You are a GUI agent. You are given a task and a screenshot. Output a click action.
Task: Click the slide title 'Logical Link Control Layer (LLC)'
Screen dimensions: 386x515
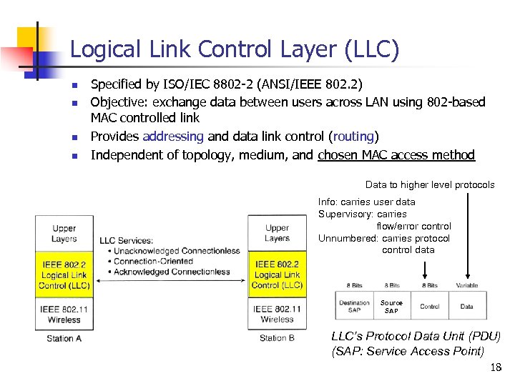click(235, 49)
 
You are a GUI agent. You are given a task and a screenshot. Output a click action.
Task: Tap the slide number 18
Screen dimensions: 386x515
click(496, 367)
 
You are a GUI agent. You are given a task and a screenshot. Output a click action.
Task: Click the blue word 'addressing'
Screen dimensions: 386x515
click(173, 136)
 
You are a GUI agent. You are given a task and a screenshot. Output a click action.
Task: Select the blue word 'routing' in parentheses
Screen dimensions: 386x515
click(353, 136)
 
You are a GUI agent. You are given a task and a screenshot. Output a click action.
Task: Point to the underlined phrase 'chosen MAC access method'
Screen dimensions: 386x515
click(396, 154)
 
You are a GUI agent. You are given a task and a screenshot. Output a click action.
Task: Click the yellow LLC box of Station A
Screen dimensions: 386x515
click(64, 275)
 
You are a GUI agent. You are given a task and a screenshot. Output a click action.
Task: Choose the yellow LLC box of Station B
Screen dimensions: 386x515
click(277, 275)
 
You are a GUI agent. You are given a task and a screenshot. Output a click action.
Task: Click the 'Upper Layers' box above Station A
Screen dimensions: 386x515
click(64, 234)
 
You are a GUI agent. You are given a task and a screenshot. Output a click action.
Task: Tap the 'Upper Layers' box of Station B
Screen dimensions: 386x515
click(277, 234)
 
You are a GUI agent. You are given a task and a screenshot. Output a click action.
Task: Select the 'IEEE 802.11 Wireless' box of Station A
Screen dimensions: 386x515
click(64, 315)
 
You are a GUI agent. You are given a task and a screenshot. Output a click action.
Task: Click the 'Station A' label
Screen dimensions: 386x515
click(64, 338)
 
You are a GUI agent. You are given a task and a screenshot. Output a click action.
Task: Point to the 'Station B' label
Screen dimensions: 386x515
click(277, 338)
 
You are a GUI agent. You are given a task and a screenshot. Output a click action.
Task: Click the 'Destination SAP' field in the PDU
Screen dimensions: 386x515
click(354, 306)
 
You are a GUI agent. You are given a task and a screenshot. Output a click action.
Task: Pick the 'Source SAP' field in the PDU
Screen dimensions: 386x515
click(391, 306)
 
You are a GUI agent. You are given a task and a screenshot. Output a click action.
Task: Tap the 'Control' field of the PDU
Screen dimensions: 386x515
click(430, 306)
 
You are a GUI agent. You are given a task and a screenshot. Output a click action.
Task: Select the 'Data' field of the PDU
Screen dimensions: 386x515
click(467, 306)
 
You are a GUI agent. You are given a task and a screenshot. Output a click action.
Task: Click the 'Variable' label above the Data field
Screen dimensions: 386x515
click(467, 286)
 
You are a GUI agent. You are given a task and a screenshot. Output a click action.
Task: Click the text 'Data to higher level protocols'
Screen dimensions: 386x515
click(430, 184)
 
